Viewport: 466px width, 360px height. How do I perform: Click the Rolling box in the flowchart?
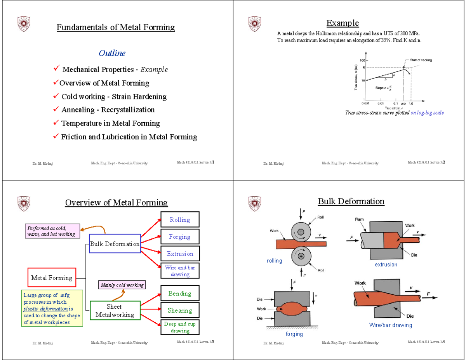point(179,220)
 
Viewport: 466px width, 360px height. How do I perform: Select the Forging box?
point(179,237)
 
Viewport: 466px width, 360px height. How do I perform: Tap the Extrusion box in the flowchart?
point(179,254)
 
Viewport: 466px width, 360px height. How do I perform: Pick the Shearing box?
point(179,310)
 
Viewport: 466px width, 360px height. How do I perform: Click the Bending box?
point(179,294)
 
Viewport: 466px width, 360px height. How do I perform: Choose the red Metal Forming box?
point(52,278)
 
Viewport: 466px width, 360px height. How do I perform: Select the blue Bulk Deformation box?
point(115,244)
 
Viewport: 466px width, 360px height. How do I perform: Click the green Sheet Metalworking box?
point(115,311)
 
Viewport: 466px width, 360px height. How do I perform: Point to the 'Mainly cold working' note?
point(122,285)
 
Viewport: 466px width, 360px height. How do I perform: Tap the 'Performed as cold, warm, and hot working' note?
point(52,231)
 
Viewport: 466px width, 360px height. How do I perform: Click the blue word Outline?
point(112,53)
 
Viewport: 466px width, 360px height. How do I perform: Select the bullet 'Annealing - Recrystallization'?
point(108,110)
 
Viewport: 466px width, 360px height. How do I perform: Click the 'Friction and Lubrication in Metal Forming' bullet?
point(129,137)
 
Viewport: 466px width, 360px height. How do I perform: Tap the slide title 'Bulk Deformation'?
point(351,201)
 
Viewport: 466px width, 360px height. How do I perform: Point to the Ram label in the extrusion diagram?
point(359,219)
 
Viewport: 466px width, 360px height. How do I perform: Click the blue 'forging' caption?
point(294,334)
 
